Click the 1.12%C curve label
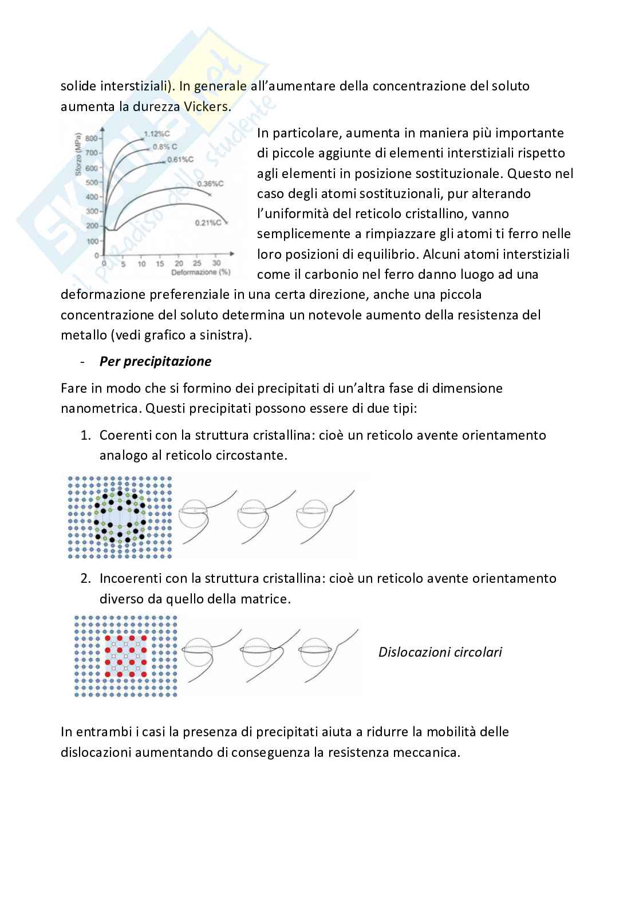[x=157, y=134]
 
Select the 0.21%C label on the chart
[x=208, y=223]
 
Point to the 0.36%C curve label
[x=210, y=184]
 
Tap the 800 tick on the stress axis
[x=91, y=139]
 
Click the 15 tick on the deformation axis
[x=160, y=263]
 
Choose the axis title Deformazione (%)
[x=200, y=273]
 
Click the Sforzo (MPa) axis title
[x=78, y=154]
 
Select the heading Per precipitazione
[x=155, y=361]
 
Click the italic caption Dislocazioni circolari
[x=440, y=652]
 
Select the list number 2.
[x=85, y=578]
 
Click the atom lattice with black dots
[x=120, y=517]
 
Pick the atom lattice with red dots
[x=125, y=657]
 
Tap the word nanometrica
[x=101, y=408]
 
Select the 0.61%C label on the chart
[x=180, y=160]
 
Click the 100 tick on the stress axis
[x=92, y=242]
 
